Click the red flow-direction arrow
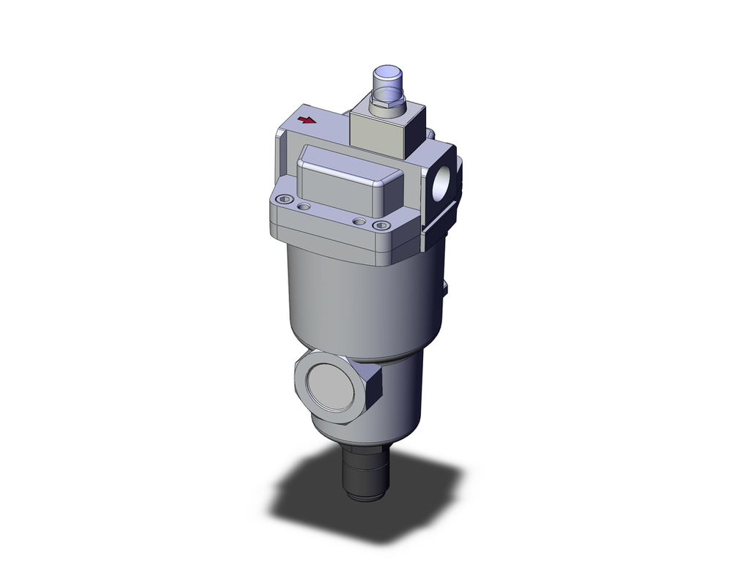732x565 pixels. point(310,121)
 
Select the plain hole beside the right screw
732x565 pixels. point(358,221)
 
